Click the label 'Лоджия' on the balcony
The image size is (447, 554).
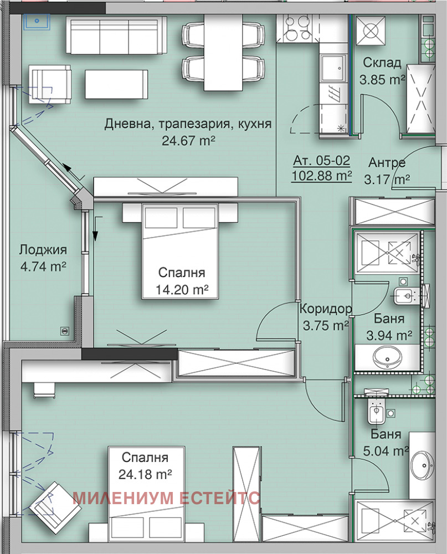tap(43, 250)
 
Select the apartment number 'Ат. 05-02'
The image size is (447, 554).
tap(322, 161)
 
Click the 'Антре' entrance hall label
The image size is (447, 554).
tap(387, 163)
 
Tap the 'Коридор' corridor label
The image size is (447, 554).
tap(325, 309)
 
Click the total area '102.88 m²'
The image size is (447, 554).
tap(322, 177)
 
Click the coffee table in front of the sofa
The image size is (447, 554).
tap(116, 84)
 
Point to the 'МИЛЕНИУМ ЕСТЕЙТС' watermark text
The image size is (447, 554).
tap(166, 497)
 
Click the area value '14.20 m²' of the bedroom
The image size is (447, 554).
tap(183, 289)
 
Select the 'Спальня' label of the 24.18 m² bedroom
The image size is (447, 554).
tap(145, 458)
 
